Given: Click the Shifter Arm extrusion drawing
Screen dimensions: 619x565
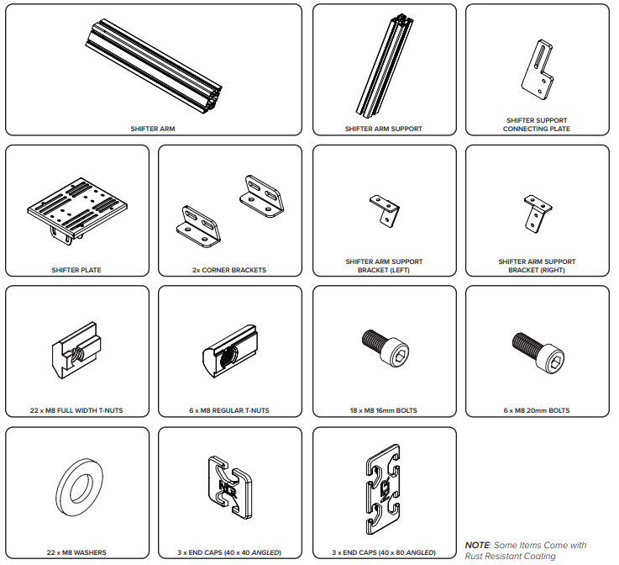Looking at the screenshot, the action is point(153,67).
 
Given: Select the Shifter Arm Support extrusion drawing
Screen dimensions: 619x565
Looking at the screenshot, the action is point(384,66).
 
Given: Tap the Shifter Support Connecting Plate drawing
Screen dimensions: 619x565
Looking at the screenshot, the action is point(538,70).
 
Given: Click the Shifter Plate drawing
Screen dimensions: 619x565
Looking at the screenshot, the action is point(77,209).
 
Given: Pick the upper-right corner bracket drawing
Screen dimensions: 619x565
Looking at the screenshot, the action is point(262,197).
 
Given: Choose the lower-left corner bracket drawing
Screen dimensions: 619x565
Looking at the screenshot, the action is point(198,227).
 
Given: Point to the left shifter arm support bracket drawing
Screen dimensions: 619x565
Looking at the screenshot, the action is point(385,211).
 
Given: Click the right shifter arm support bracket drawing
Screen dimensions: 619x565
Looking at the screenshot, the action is point(538,214).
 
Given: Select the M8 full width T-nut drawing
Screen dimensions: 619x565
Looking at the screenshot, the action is point(76,350).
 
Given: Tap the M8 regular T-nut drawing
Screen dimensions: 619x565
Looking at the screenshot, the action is point(230,351).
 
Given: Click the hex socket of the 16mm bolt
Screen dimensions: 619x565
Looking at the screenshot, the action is point(399,356).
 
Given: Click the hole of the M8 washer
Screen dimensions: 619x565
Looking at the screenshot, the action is point(81,488).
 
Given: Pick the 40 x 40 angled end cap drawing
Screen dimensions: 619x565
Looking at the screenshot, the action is point(230,488).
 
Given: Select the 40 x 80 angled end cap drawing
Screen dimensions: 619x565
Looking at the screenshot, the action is point(383,489).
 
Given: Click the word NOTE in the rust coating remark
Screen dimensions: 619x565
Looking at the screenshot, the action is point(477,546).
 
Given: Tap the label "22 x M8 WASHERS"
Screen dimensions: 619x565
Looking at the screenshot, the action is point(76,552).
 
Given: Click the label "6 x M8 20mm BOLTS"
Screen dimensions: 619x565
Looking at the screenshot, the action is point(537,410).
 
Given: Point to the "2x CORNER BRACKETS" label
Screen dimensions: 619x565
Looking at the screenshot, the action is point(229,270).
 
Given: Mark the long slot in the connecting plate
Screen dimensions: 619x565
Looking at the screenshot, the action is point(540,56).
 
